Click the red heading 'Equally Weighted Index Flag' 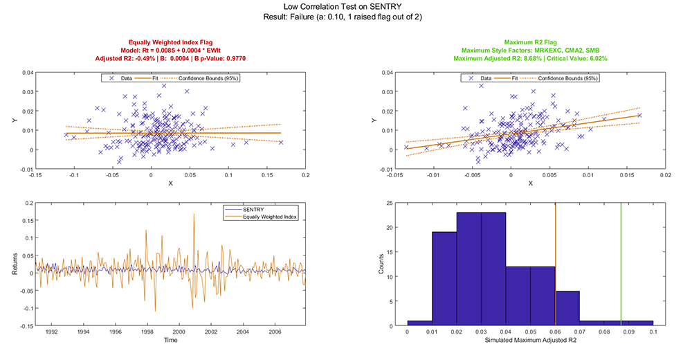170,42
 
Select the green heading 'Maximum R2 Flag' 531,42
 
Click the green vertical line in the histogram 621,263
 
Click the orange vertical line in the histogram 556,263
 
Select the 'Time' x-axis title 170,340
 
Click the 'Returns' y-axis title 15,264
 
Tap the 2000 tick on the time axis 179,332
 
